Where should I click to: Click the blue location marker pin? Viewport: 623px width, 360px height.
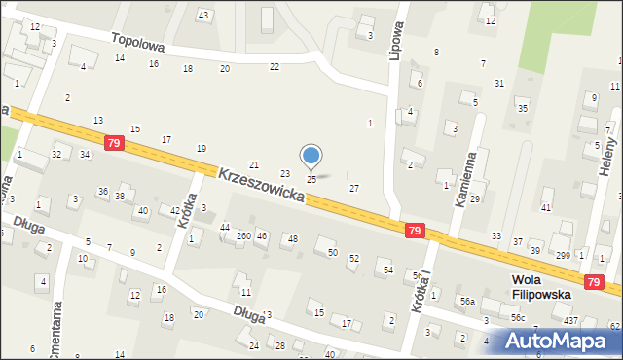click(x=311, y=157)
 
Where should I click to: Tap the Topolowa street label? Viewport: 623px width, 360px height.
click(x=137, y=44)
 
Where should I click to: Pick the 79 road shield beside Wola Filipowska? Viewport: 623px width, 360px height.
click(x=594, y=281)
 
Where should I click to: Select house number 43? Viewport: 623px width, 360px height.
click(x=203, y=15)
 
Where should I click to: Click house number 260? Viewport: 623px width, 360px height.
click(x=243, y=235)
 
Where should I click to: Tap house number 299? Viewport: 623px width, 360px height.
click(x=563, y=255)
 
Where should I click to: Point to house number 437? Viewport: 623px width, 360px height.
click(x=570, y=320)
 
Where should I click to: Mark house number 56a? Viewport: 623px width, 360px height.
click(x=467, y=302)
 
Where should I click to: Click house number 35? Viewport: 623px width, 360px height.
click(x=523, y=108)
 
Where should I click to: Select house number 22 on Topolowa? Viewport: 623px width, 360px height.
click(x=275, y=66)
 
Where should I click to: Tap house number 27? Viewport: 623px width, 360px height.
click(x=354, y=188)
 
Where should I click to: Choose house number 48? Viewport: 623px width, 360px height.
click(x=292, y=238)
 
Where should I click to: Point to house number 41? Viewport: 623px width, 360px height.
click(x=546, y=208)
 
